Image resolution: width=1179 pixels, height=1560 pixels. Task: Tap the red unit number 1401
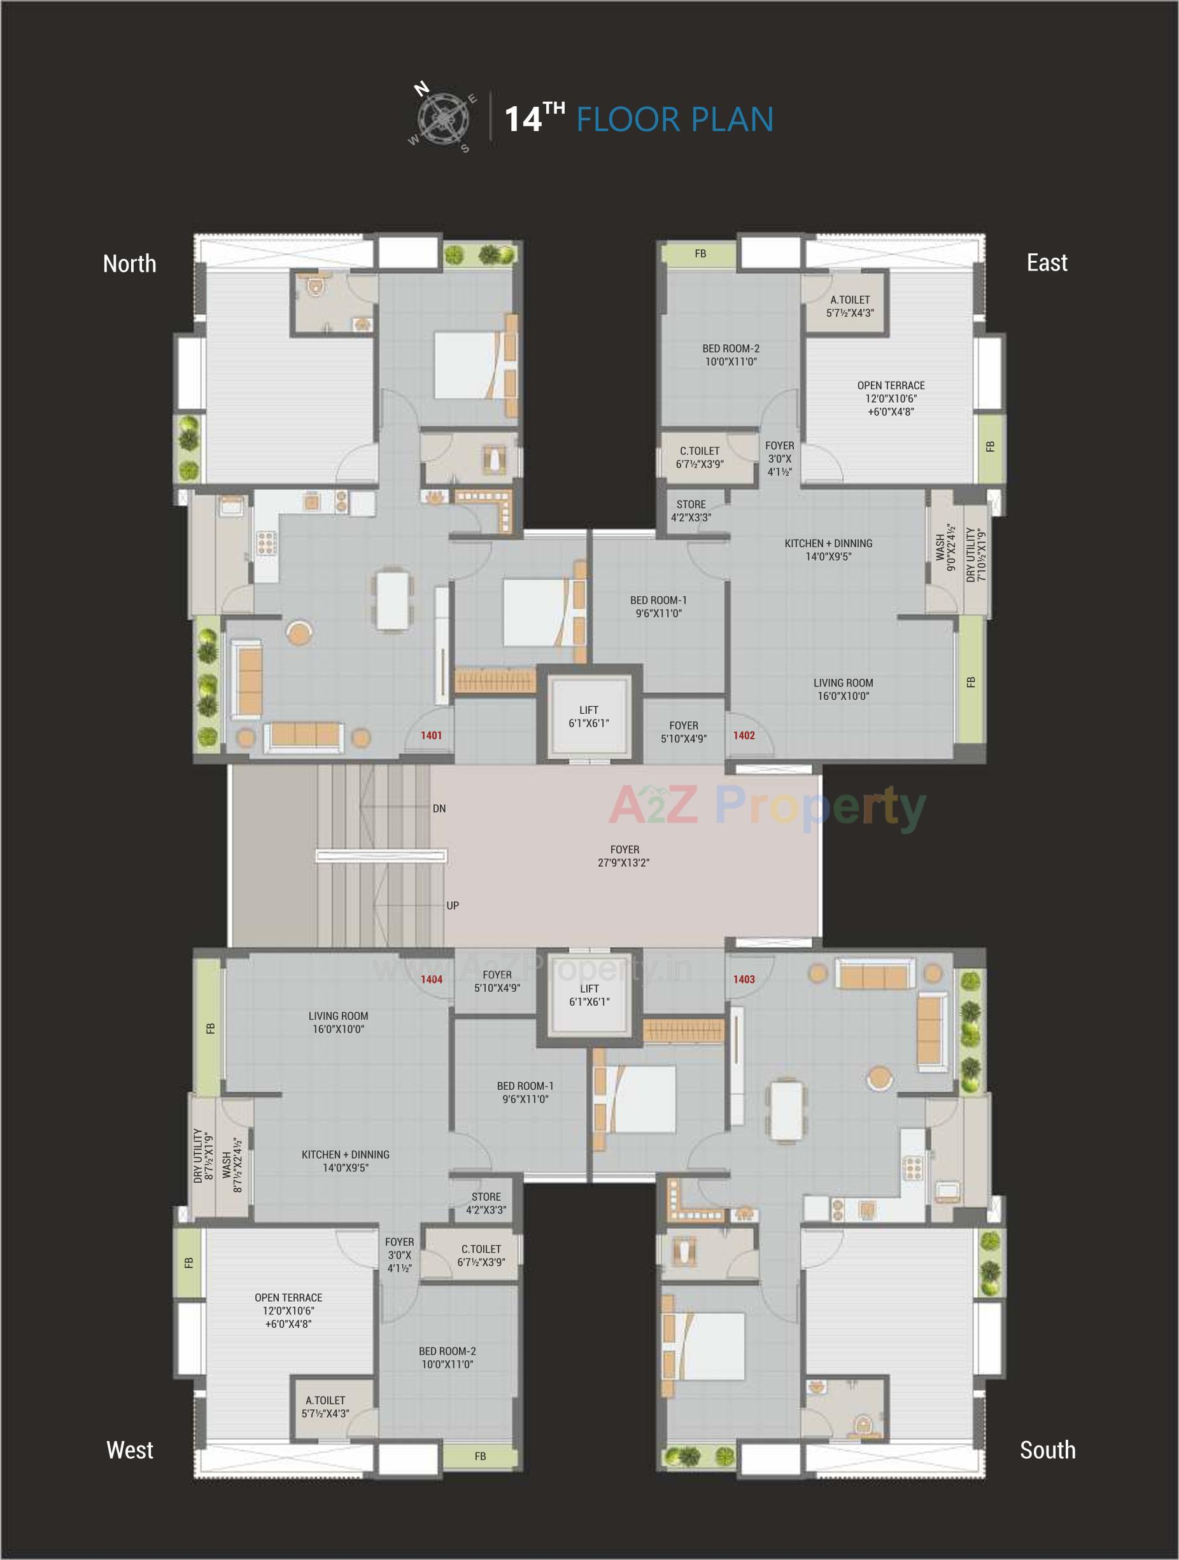(x=431, y=735)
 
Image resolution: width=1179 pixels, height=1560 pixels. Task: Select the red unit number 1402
(x=744, y=735)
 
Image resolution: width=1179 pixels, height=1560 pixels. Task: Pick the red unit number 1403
(x=744, y=980)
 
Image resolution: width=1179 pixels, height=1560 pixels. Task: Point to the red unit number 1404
(x=431, y=980)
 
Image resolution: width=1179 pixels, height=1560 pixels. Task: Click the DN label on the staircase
(x=439, y=809)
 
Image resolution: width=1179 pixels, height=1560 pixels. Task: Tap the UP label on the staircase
(x=452, y=905)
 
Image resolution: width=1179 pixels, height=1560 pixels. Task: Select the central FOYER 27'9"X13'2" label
(x=624, y=856)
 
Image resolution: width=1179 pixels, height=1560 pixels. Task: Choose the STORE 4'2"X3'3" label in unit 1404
(x=486, y=1203)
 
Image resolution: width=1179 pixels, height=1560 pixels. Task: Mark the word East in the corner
(x=1047, y=263)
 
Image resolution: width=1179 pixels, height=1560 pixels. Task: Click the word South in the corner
(x=1047, y=1450)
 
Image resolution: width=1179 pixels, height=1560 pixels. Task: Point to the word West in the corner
(x=130, y=1450)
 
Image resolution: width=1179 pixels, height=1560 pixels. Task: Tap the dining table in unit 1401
(x=392, y=600)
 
